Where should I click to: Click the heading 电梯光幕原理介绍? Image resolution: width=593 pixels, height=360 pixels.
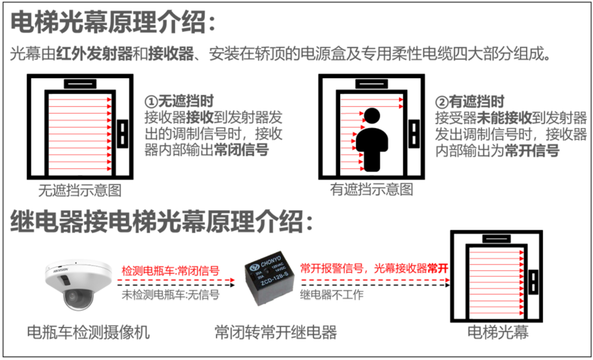[x=113, y=22]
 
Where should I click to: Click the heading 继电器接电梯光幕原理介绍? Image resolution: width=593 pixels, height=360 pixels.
[x=161, y=221]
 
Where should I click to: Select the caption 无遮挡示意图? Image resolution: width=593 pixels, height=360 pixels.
[x=80, y=190]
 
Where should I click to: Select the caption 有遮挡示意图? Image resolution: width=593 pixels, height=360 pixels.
[x=371, y=189]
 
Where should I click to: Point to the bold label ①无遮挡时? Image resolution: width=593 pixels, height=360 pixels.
[x=179, y=101]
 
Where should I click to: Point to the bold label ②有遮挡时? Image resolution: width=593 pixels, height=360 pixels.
[x=470, y=101]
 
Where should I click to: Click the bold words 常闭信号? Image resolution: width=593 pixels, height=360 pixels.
[x=241, y=150]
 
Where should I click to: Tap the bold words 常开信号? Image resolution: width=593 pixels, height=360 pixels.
[x=532, y=151]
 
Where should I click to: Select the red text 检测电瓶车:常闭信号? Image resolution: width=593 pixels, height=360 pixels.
[x=171, y=271]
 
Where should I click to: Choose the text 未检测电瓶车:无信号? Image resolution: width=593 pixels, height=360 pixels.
[x=171, y=294]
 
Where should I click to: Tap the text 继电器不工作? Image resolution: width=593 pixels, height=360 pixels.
[x=331, y=294]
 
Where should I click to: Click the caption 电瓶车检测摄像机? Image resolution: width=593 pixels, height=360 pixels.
[x=88, y=332]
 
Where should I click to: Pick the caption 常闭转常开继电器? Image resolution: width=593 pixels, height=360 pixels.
[x=276, y=332]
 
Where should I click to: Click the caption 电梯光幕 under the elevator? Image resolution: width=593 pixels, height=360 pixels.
[x=498, y=332]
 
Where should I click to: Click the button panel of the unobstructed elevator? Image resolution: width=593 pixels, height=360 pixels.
[x=122, y=133]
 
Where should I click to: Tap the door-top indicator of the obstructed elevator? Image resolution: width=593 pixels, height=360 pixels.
[x=371, y=83]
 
